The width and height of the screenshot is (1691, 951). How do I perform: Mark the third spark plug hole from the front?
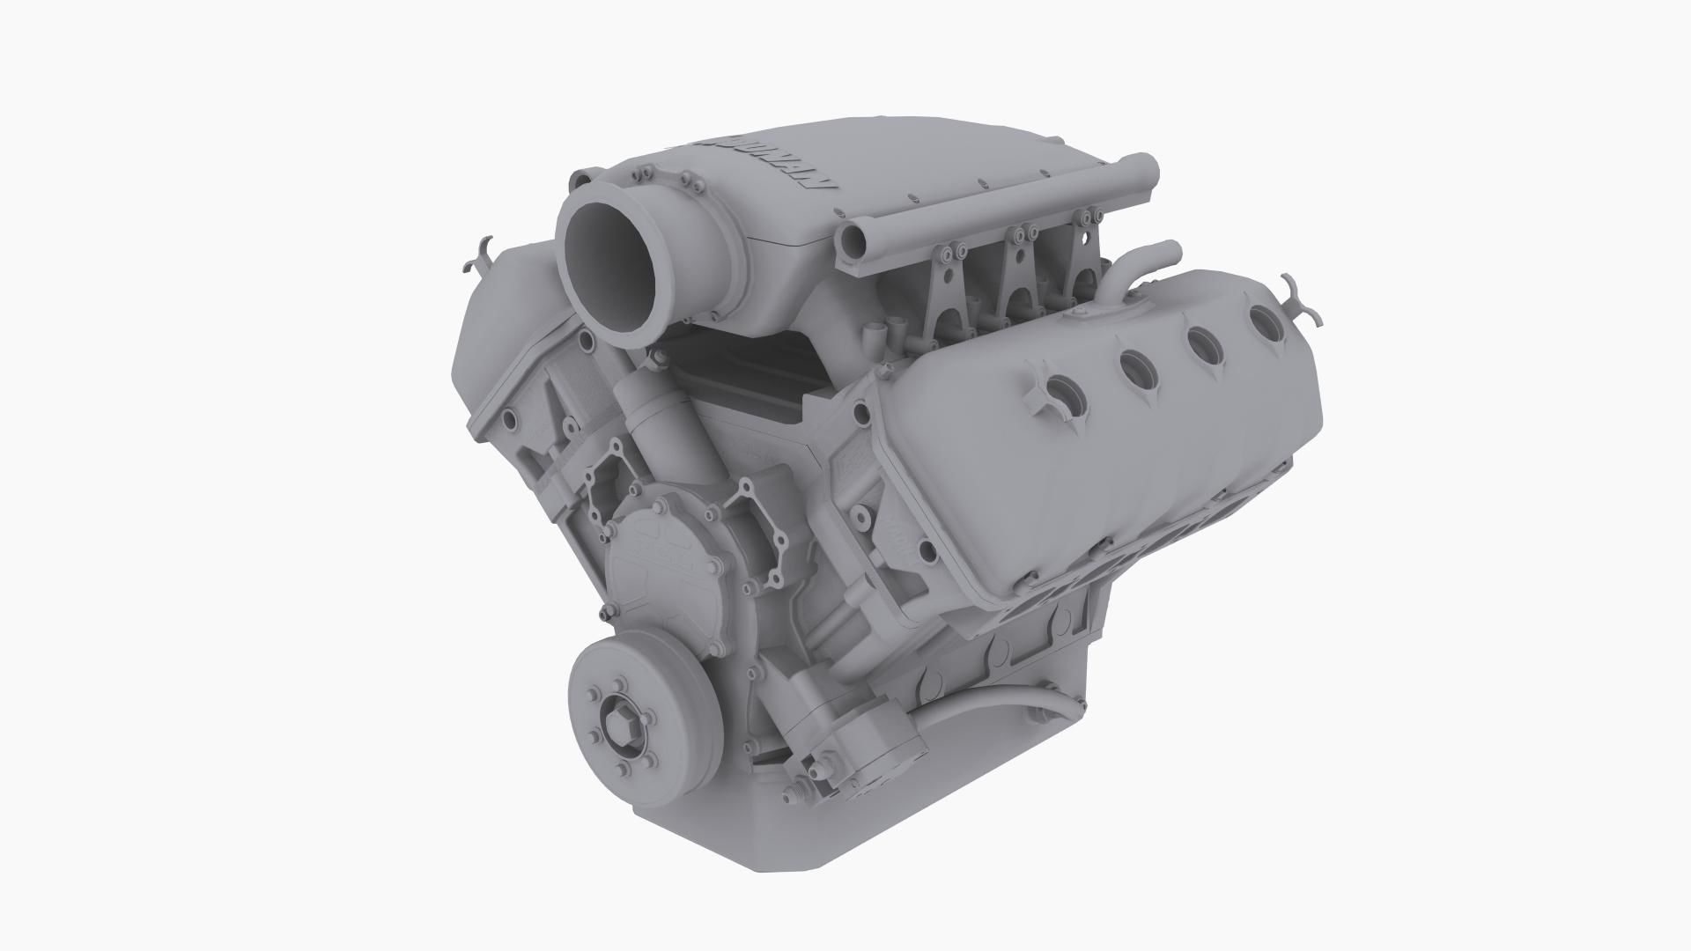[1205, 343]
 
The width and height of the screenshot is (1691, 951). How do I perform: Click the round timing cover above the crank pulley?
[656, 564]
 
